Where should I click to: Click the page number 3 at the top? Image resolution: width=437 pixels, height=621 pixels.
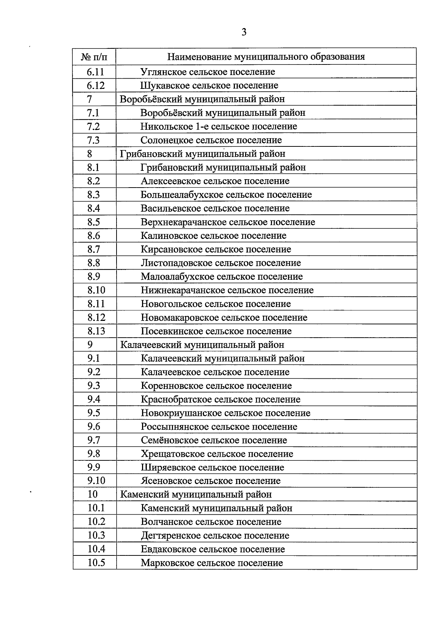244,32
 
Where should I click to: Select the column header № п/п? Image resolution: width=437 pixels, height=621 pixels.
94,57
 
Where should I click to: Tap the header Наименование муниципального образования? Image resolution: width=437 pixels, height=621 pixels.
266,57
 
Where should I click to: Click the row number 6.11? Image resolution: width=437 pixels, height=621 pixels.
95,72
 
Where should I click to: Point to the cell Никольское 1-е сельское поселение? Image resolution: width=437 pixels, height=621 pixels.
219,126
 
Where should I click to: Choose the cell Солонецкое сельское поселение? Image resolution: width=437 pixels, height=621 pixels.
211,140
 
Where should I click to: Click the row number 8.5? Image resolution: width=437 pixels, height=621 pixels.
94,222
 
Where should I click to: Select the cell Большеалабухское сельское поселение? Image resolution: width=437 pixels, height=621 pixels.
226,195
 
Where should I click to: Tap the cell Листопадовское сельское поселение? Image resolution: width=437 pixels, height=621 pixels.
221,263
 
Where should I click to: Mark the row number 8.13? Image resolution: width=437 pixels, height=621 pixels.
96,331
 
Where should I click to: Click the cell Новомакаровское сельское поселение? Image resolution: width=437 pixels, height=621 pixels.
224,318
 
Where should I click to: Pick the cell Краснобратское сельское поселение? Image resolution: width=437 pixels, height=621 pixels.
220,400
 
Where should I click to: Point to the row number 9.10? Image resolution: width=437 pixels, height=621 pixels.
96,481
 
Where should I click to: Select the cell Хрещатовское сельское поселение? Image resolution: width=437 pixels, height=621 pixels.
217,454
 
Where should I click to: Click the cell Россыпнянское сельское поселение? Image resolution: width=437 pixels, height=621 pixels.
219,427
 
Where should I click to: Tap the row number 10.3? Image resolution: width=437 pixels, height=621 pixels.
96,535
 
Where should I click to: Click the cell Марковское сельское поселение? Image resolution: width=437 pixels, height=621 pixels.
212,563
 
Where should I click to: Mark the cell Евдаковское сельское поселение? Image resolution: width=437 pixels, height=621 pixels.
213,549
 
